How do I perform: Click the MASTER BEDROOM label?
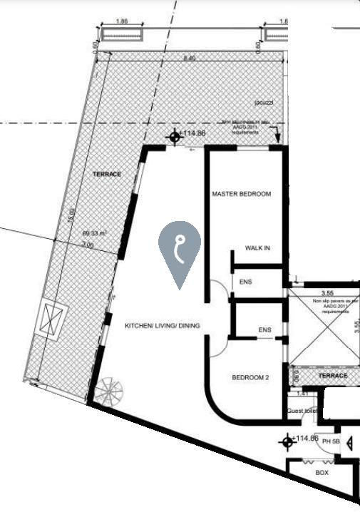(x=242, y=194)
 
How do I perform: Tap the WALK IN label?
(x=257, y=248)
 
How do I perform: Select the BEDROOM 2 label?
(x=250, y=378)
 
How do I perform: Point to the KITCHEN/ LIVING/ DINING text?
(x=163, y=327)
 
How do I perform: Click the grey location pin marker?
(x=180, y=252)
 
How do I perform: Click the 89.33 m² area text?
(x=93, y=233)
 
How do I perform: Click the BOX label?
(x=322, y=473)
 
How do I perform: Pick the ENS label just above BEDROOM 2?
(x=264, y=330)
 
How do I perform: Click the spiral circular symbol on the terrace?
(x=109, y=390)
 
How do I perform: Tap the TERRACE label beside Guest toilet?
(x=332, y=375)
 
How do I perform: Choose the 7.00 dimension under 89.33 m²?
(x=87, y=244)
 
